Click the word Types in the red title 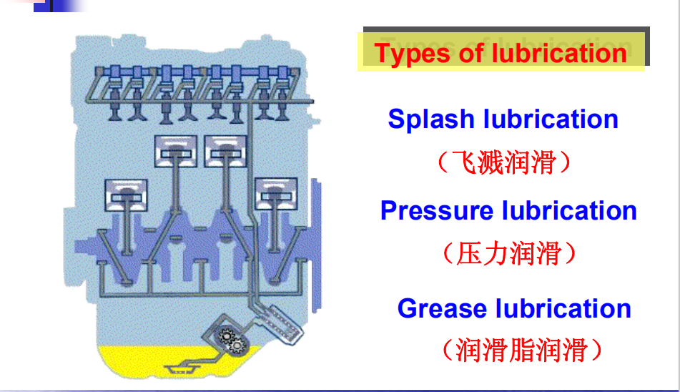pyautogui.click(x=411, y=54)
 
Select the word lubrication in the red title pyautogui.click(x=559, y=54)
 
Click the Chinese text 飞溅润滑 pyautogui.click(x=504, y=163)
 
